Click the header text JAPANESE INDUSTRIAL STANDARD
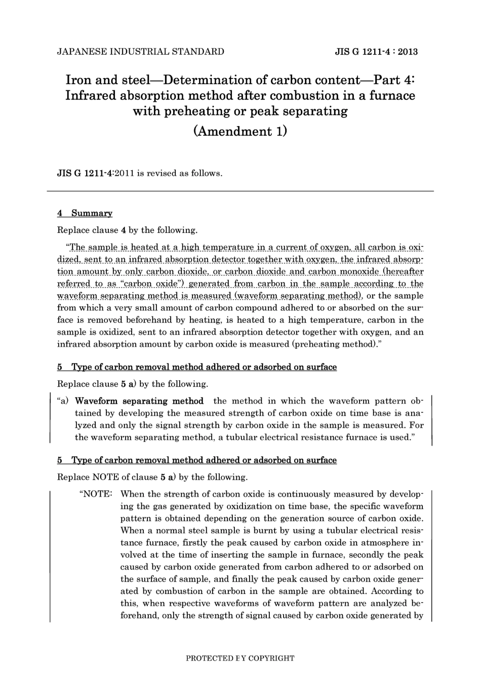tap(141, 52)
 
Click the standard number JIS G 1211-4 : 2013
tap(376, 52)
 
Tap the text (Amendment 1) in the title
tap(240, 131)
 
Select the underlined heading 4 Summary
tap(85, 213)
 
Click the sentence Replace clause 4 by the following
tap(127, 230)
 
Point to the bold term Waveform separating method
tap(139, 401)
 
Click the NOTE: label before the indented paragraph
tap(96, 494)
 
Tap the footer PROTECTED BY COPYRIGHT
tap(240, 659)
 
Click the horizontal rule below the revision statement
tap(240, 191)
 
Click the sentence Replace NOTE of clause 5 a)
tap(152, 477)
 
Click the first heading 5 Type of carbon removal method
tap(197, 367)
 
